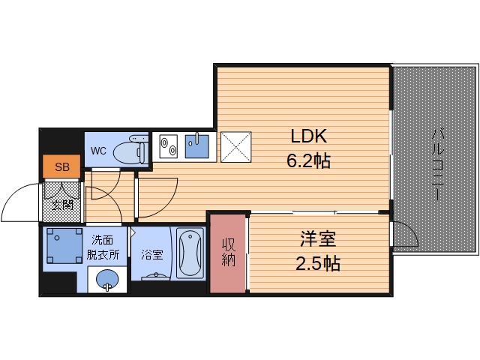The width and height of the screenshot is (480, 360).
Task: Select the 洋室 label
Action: pos(319,240)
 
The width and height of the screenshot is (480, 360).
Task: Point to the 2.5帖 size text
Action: pos(319,263)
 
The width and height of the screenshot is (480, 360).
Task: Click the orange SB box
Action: pos(61,167)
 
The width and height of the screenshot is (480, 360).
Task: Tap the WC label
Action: pos(99,151)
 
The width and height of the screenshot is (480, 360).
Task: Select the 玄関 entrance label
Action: pos(61,204)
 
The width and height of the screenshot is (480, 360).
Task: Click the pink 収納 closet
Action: pos(229,253)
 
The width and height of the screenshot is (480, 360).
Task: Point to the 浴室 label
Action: pos(151,255)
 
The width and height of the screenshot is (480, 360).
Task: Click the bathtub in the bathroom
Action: pos(190,253)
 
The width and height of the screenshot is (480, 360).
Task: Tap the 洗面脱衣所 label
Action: pos(103,247)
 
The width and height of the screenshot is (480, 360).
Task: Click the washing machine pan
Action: pos(62,247)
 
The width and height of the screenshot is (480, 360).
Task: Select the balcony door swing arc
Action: pos(406,234)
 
